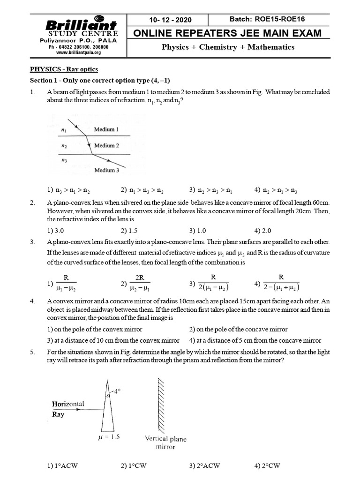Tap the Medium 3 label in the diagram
(107, 170)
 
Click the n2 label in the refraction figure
(64, 146)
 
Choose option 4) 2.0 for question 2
(263, 230)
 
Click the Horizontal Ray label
(68, 409)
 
